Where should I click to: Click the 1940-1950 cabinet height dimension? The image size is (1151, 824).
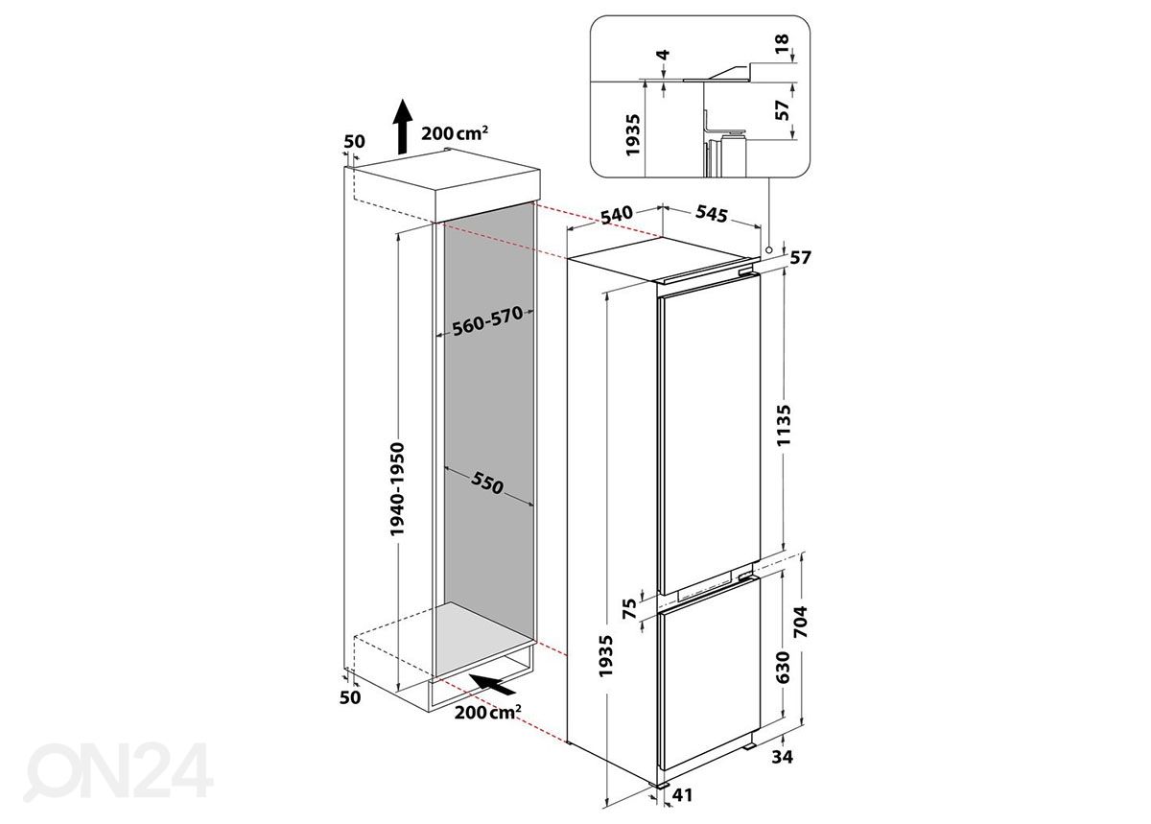[397, 489]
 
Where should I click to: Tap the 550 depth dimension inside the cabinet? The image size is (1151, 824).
[486, 483]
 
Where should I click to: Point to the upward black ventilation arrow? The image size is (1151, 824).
[402, 127]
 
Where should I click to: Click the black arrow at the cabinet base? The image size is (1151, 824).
[493, 685]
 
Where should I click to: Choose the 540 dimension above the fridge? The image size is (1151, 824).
[617, 216]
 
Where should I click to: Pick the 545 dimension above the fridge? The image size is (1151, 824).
[712, 214]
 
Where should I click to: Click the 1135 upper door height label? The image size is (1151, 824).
[783, 425]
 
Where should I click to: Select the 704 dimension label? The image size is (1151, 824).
[801, 622]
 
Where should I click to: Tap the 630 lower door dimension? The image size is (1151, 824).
[782, 668]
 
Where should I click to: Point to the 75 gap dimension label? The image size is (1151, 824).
[629, 608]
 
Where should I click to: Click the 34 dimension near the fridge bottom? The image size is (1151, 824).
[782, 756]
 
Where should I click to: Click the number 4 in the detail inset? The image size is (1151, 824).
[664, 55]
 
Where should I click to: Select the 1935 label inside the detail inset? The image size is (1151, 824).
[632, 135]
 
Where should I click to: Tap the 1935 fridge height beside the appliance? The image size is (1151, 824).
[606, 656]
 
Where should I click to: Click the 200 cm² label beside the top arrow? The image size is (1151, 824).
[454, 133]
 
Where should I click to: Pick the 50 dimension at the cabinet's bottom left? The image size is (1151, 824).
[350, 697]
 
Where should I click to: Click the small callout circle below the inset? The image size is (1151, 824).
[768, 249]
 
